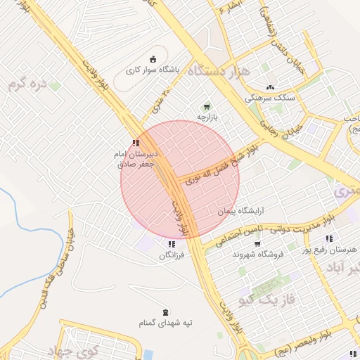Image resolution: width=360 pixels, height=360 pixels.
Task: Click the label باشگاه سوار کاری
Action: [x=153, y=70]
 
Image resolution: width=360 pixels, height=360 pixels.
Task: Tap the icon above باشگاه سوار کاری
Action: [x=155, y=58]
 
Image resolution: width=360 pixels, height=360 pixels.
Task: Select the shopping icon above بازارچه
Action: [x=206, y=106]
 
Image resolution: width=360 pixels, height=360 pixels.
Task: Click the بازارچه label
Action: [x=209, y=117]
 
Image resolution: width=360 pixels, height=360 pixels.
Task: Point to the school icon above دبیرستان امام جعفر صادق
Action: [x=136, y=143]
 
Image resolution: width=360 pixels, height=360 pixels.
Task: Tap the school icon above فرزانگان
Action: [x=171, y=244]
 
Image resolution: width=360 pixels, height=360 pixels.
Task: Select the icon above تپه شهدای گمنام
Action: [x=165, y=311]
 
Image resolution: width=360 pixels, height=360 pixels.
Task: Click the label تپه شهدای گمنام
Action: [x=165, y=323]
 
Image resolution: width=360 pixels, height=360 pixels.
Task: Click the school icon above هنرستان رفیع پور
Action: [x=328, y=239]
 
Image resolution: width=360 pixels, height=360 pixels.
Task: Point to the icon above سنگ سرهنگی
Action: [x=268, y=88]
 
